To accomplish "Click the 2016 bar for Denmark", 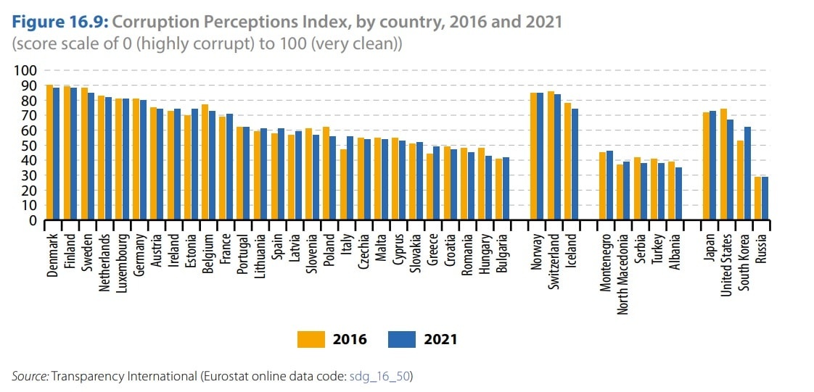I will pyautogui.click(x=49, y=152).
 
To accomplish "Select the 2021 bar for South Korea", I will pyautogui.click(x=747, y=174).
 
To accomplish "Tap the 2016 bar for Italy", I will pyautogui.click(x=343, y=185).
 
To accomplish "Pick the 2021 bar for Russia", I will pyautogui.click(x=765, y=199).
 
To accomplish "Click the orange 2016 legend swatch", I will pyautogui.click(x=311, y=339).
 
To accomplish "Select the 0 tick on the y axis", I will pyautogui.click(x=31, y=221).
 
